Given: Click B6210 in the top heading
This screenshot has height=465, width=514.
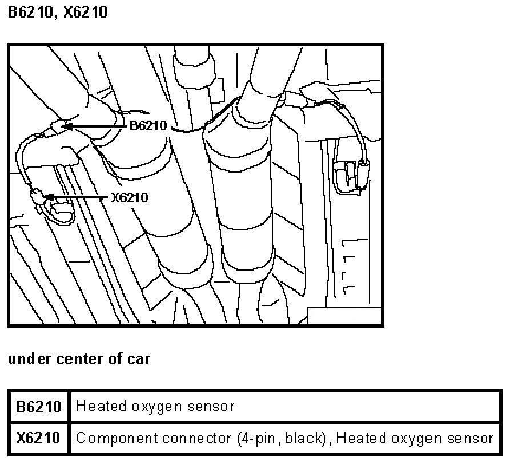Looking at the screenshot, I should coord(31,12).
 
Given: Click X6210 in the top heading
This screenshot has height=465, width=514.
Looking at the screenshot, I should coord(85,12).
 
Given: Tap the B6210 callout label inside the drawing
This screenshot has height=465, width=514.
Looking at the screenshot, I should coord(148,125).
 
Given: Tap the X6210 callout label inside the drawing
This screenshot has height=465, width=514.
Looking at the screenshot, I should coord(130,197).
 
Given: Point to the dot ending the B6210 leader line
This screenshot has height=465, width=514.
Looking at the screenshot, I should coord(69,125).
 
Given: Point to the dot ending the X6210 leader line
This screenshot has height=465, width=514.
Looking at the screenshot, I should coord(51,197).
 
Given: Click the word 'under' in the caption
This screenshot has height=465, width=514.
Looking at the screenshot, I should coord(30,359).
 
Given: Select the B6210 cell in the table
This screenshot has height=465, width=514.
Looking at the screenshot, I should coord(38,407).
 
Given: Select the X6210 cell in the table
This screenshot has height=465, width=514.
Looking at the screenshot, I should coord(38,438).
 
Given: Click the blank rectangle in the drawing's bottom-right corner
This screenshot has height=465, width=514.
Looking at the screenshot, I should coord(344,315).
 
